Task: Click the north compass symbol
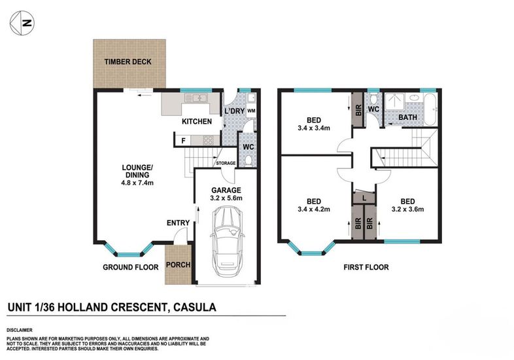(22, 23)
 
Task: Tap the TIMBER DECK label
(128, 62)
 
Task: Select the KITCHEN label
(197, 122)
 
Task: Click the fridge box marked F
(183, 141)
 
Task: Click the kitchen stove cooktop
(209, 141)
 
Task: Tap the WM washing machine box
(251, 111)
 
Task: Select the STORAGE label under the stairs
(226, 163)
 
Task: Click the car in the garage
(228, 242)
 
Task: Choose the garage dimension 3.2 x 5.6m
(226, 198)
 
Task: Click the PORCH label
(179, 264)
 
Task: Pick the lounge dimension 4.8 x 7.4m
(137, 183)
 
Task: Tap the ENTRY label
(178, 223)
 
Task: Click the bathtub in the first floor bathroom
(430, 109)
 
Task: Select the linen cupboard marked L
(364, 198)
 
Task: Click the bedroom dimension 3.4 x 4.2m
(314, 209)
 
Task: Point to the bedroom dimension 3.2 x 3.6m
(408, 209)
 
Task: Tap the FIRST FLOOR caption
(366, 268)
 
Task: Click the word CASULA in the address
(195, 307)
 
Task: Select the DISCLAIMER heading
(20, 330)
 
